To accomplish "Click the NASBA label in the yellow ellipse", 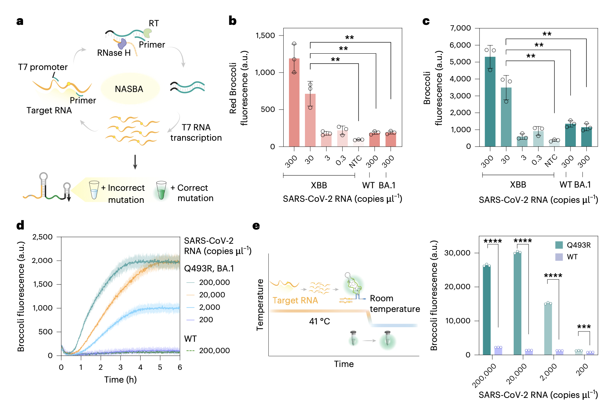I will coord(129,89).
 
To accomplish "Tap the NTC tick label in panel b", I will coord(355,162).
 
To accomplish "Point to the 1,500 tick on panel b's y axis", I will coord(265,36).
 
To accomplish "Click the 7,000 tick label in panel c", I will coord(460,28).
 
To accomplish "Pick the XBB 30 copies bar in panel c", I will coord(506,117).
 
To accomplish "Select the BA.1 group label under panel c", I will coord(583,185).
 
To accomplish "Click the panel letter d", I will coord(20,225).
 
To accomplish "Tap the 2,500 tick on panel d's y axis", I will coord(42,237).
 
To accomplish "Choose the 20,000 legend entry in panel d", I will coord(212,295).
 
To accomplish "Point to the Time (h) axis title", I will coord(120,380).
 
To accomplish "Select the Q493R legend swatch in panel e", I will coord(559,245).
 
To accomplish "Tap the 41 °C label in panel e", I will coord(319,322).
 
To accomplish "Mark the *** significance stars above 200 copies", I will coord(584,326).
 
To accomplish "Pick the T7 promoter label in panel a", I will coord(43,67).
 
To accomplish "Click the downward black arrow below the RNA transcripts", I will coord(135,162).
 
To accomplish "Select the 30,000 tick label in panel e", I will coord(457,253).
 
